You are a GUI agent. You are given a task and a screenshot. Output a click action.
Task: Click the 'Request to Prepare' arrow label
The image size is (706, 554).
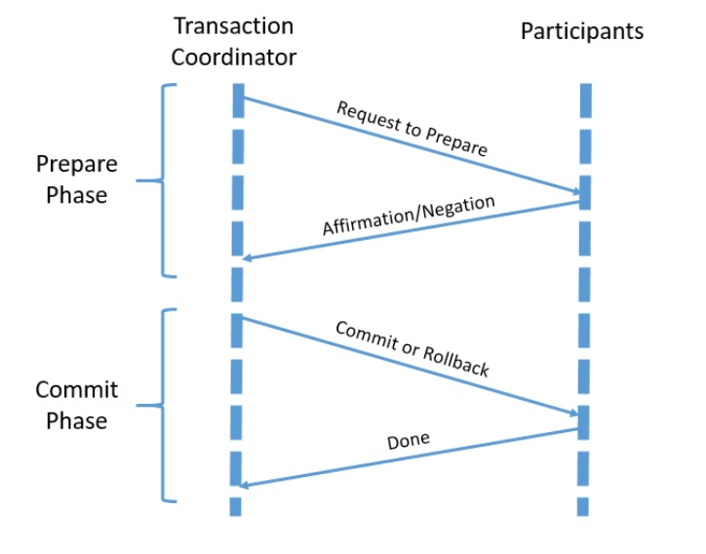pyautogui.click(x=412, y=128)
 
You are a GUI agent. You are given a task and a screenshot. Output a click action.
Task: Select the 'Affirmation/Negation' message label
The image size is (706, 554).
pyautogui.click(x=409, y=216)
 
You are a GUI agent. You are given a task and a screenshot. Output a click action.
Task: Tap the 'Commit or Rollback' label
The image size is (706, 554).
pyautogui.click(x=412, y=348)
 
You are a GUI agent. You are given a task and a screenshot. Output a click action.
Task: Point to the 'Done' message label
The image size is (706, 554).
pyautogui.click(x=408, y=442)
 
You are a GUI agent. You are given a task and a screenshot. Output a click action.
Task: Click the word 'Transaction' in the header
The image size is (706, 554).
pyautogui.click(x=233, y=26)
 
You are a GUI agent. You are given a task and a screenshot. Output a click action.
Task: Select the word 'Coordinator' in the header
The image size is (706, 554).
pyautogui.click(x=233, y=58)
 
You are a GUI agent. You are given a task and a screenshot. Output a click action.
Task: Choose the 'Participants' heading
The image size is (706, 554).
pyautogui.click(x=582, y=31)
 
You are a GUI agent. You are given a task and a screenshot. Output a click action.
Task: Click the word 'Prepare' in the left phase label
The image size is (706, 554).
pyautogui.click(x=77, y=163)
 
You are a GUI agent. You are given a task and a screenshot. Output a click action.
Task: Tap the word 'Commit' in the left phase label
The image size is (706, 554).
pyautogui.click(x=77, y=390)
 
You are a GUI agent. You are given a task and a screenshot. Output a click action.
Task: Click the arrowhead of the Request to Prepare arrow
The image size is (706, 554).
pyautogui.click(x=574, y=191)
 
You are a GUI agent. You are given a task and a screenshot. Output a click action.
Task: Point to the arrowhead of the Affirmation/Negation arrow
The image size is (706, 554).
pyautogui.click(x=248, y=258)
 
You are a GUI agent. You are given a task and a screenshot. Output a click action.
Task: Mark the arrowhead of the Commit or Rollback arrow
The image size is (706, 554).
pyautogui.click(x=574, y=415)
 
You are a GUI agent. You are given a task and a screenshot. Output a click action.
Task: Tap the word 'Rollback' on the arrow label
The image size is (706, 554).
pyautogui.click(x=455, y=361)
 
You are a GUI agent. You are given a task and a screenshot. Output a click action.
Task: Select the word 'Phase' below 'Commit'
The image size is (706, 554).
pyautogui.click(x=77, y=421)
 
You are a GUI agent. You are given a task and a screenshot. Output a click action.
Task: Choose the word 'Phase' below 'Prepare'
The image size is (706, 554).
pyautogui.click(x=77, y=194)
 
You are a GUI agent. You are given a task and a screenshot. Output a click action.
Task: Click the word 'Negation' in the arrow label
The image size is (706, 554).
pyautogui.click(x=458, y=207)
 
